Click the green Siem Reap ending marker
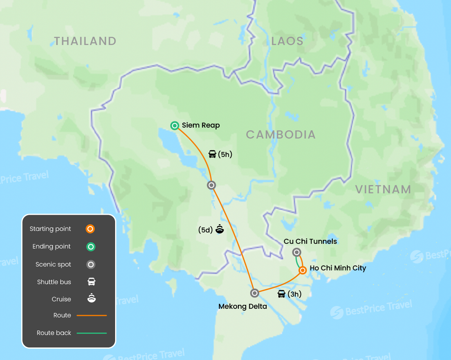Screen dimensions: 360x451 175,126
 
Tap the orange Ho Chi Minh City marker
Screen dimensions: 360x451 303,270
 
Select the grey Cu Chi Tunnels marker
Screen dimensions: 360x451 297,252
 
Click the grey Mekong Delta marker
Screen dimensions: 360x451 254,293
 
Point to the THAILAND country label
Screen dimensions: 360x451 85,41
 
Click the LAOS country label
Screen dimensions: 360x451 287,41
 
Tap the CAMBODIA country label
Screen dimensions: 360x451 280,135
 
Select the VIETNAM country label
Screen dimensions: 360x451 383,189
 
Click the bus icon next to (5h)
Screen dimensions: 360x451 212,155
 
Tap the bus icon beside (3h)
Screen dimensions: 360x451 281,294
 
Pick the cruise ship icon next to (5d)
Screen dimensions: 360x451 220,229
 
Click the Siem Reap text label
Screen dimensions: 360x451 201,126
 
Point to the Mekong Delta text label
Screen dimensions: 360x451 242,306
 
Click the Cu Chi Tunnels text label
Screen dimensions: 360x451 310,241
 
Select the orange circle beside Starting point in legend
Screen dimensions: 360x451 90,229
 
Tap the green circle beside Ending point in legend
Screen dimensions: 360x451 90,247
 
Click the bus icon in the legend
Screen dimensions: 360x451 91,282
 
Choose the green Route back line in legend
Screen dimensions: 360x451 92,333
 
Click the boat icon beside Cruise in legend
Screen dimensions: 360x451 91,299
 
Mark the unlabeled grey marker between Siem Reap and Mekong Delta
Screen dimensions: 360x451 211,185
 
